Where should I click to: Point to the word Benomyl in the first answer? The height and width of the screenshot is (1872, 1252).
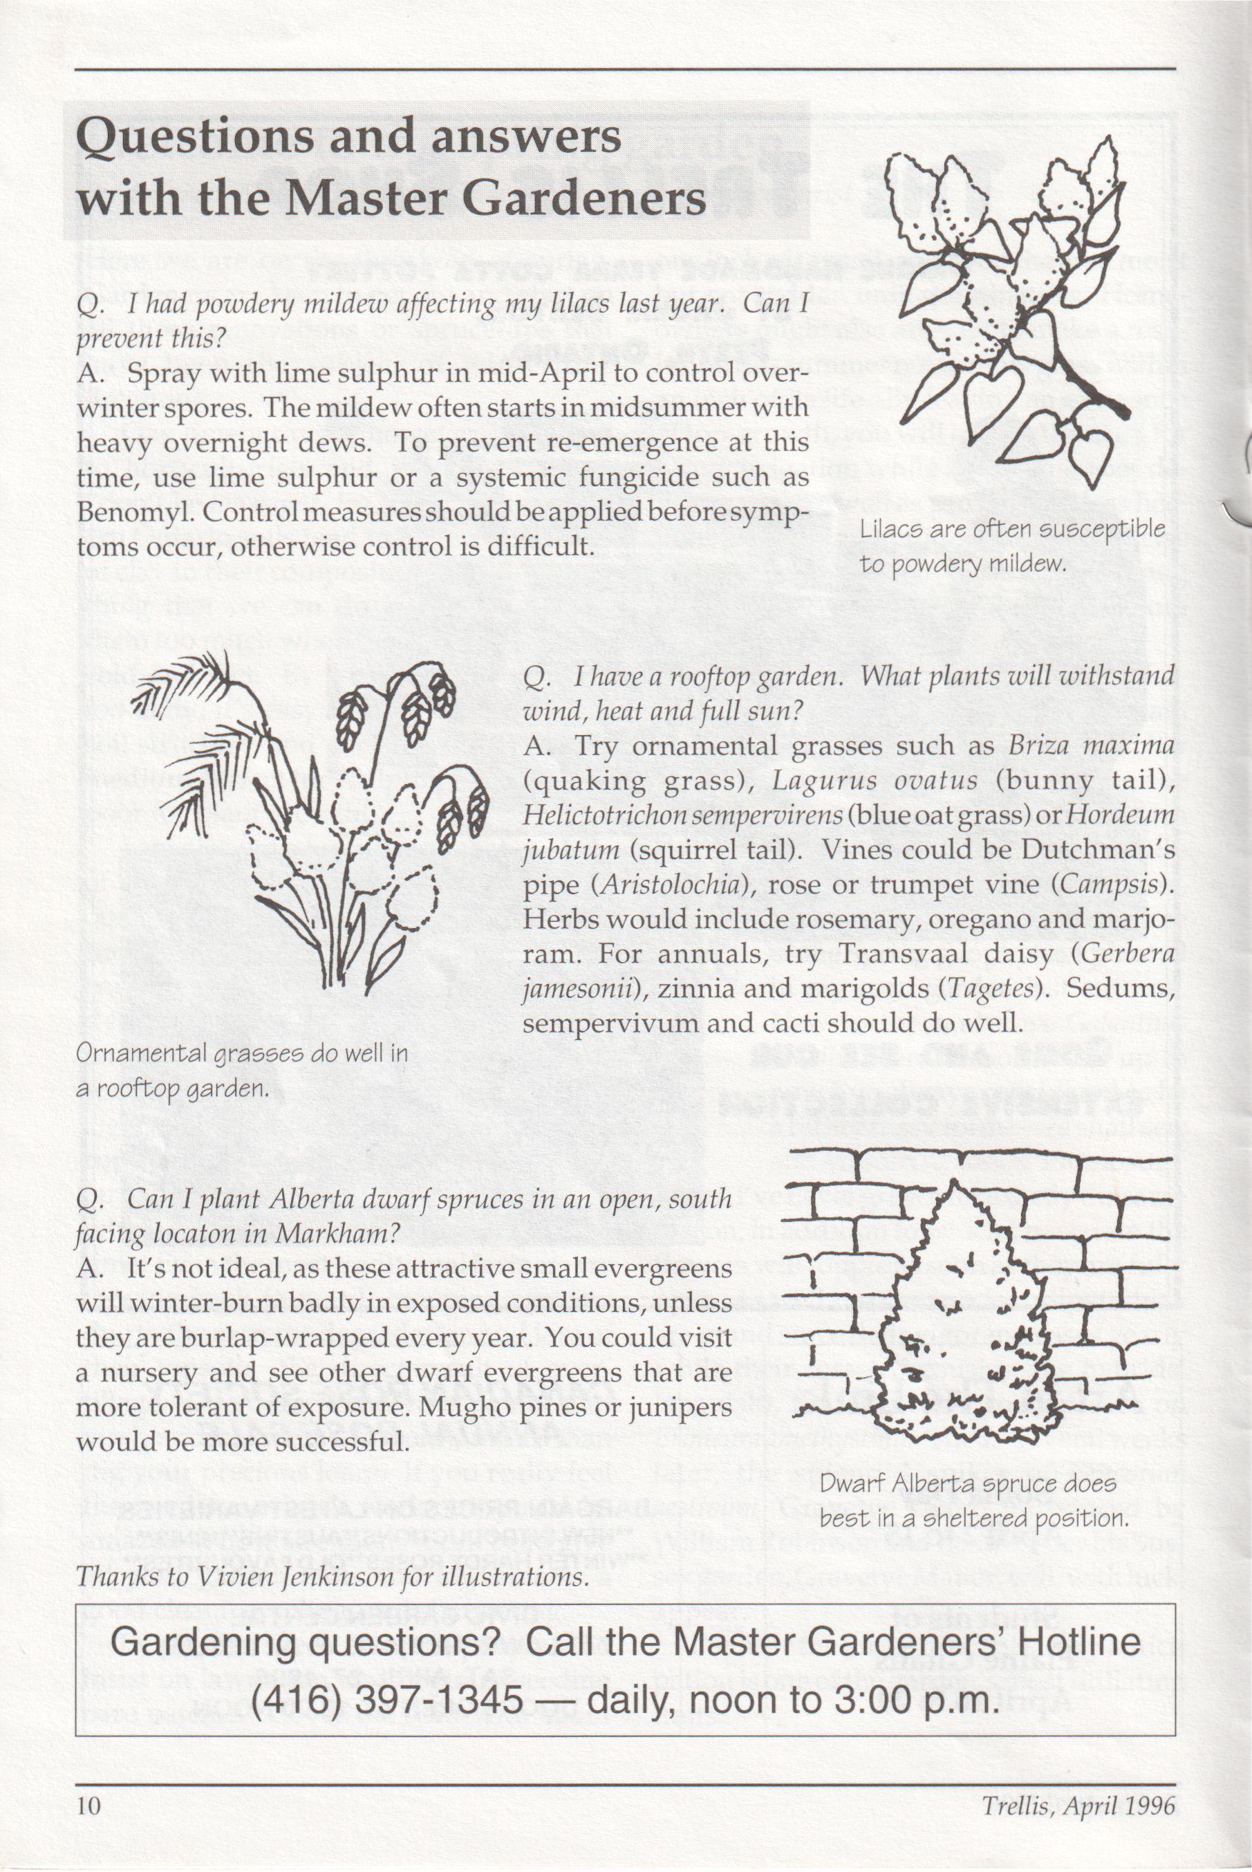click(133, 512)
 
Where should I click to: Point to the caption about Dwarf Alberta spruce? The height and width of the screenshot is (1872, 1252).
click(974, 1501)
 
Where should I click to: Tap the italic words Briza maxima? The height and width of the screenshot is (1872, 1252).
click(1091, 747)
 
